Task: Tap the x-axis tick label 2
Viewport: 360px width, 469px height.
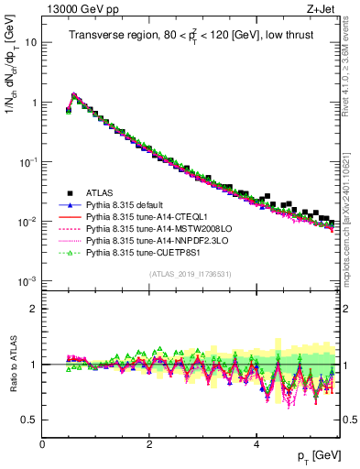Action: (x=149, y=444)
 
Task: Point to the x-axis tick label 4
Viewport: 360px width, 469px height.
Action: (x=256, y=444)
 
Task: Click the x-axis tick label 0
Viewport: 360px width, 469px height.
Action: (x=42, y=444)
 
